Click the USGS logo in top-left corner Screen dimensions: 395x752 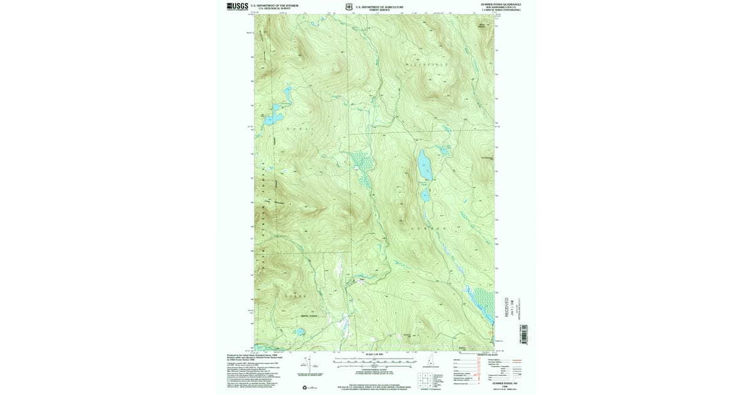coord(237,6)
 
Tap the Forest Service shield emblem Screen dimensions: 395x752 coord(349,8)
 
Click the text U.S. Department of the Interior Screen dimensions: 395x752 coord(274,5)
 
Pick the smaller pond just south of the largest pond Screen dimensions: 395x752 coord(425,195)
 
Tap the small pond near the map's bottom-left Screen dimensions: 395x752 coord(300,332)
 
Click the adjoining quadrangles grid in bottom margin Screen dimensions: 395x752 coord(425,380)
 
